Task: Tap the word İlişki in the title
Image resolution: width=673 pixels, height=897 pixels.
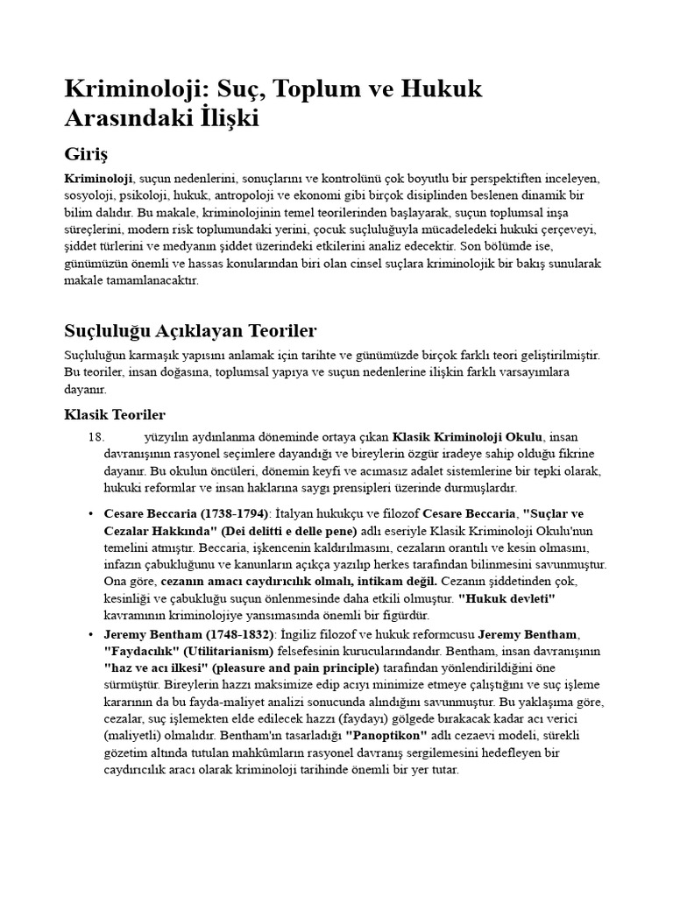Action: click(222, 118)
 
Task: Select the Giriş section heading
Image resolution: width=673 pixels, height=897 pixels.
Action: click(86, 154)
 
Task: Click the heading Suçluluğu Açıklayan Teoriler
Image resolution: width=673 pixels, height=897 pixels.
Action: click(190, 330)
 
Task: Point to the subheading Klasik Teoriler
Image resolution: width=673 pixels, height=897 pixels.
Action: click(115, 414)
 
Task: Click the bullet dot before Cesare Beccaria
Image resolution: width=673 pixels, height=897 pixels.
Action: click(91, 513)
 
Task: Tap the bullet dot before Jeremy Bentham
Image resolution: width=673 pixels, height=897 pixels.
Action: click(91, 633)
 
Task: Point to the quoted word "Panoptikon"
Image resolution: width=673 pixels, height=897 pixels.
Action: click(386, 737)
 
